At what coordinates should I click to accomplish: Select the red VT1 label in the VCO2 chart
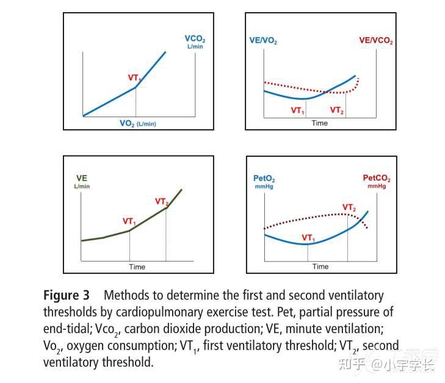click(x=135, y=78)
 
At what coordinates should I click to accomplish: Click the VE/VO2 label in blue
click(x=263, y=41)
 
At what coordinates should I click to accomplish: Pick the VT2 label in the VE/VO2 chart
click(x=337, y=110)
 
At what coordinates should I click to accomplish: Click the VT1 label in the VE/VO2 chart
click(x=297, y=110)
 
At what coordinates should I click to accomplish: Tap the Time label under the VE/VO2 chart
click(x=320, y=123)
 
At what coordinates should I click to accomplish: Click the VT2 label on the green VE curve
click(x=162, y=201)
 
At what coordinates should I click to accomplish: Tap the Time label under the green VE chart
click(x=137, y=267)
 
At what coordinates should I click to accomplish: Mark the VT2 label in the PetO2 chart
click(x=349, y=208)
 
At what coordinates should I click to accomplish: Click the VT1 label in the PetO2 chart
click(x=308, y=237)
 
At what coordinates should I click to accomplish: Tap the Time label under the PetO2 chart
click(x=320, y=267)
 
